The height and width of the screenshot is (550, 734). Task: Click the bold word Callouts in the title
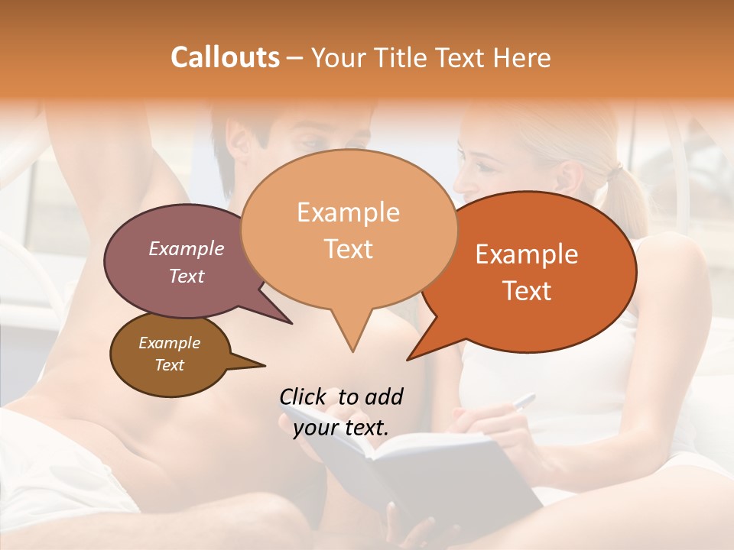click(x=225, y=57)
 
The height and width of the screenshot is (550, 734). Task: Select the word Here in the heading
click(x=523, y=57)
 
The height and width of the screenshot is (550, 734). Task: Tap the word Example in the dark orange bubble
click(x=527, y=254)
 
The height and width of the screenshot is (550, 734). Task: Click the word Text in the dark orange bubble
click(x=527, y=291)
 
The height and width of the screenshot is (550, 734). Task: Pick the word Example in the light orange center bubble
click(x=348, y=212)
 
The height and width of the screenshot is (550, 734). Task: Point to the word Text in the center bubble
click(x=348, y=249)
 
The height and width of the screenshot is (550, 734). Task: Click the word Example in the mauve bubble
click(x=186, y=248)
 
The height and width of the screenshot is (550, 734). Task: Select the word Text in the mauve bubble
click(x=186, y=276)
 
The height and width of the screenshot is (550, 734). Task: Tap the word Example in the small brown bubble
click(x=169, y=343)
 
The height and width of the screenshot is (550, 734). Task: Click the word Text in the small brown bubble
click(x=169, y=365)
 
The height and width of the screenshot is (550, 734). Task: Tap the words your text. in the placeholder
click(x=340, y=428)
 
